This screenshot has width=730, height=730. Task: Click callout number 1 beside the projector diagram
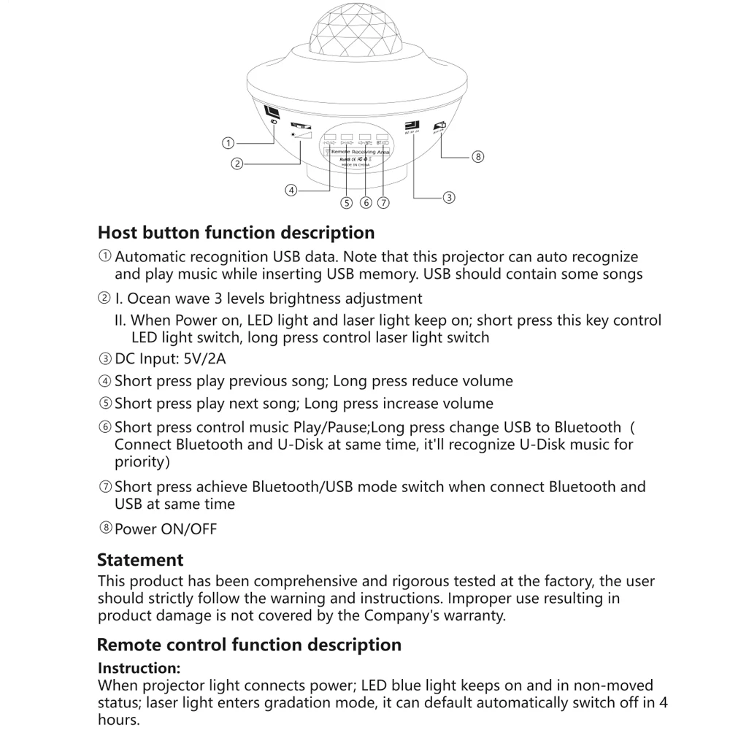point(228,143)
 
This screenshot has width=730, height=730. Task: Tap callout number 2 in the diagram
point(237,164)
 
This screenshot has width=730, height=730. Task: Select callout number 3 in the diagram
point(449,196)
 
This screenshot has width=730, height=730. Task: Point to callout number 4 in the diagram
point(291,191)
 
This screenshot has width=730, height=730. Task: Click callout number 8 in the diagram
point(477,156)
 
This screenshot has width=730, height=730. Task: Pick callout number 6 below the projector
point(366,202)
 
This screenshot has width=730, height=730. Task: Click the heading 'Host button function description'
point(236,232)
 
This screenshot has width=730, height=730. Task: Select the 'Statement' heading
point(140,560)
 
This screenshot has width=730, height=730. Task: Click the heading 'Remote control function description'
point(249,645)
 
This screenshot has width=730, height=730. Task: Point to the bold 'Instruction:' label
point(139,668)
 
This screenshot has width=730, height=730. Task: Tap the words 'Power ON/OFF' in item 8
point(166,529)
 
